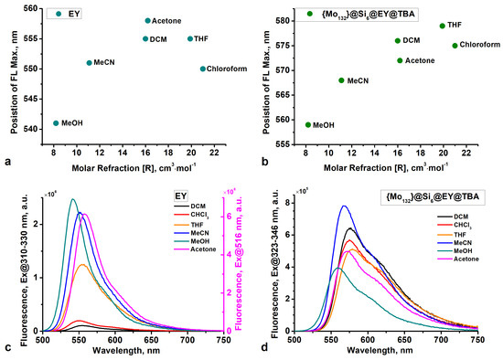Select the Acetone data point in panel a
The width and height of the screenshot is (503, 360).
[x=148, y=20]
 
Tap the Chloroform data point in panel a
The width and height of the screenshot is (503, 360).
[x=203, y=69]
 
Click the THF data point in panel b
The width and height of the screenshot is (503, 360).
[x=443, y=26]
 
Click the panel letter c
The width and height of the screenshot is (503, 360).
[x=7, y=343]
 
